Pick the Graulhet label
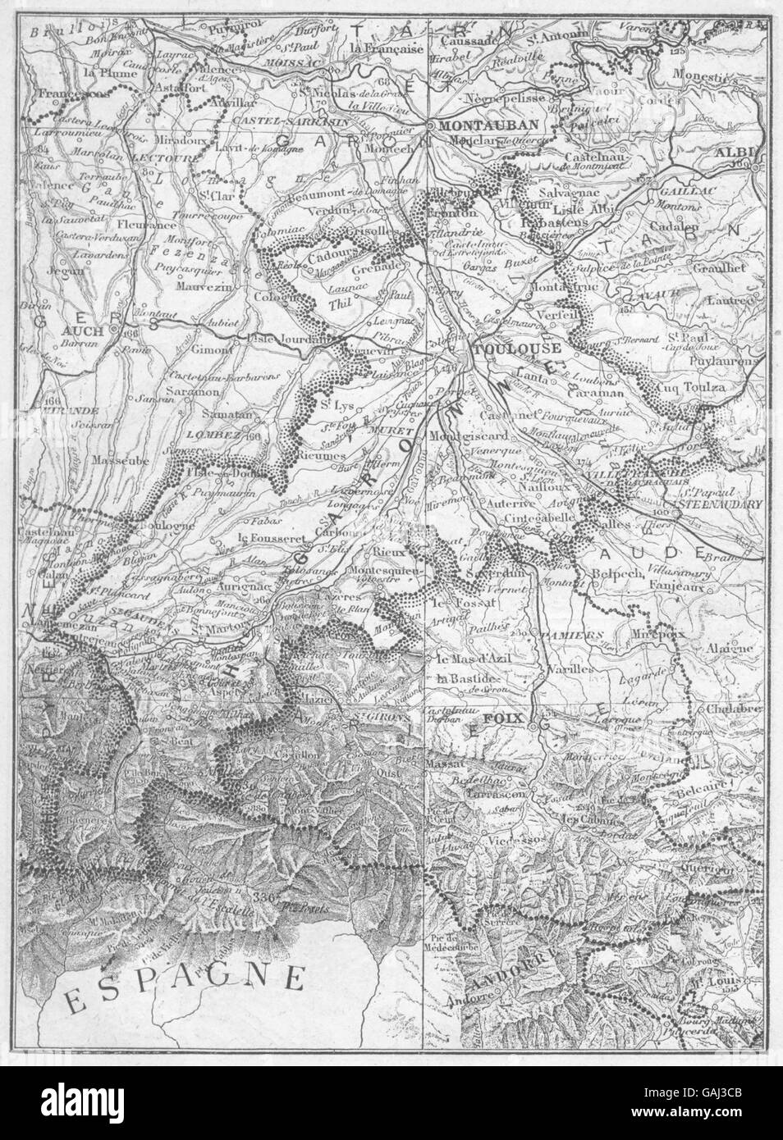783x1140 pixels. point(716,267)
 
